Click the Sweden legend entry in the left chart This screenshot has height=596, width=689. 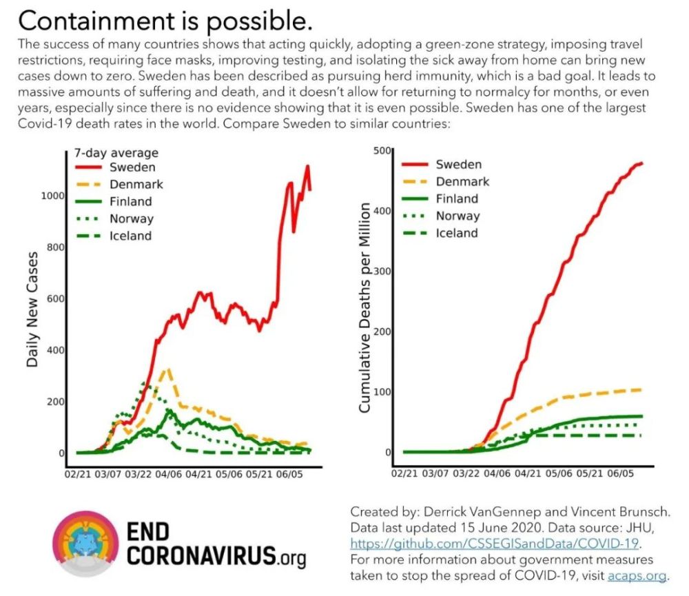tap(132, 167)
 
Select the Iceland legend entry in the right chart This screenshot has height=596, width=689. tap(457, 233)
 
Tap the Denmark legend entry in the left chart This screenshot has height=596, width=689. tap(136, 185)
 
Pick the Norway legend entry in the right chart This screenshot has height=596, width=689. tap(457, 216)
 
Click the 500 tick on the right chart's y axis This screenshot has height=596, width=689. tap(382, 151)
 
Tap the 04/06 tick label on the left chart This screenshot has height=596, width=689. tap(168, 474)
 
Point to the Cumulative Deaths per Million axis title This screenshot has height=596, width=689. tap(365, 309)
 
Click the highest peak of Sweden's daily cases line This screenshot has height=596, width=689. tap(307, 166)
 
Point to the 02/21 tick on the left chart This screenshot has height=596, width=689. tap(78, 474)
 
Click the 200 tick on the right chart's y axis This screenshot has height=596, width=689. tap(382, 331)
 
